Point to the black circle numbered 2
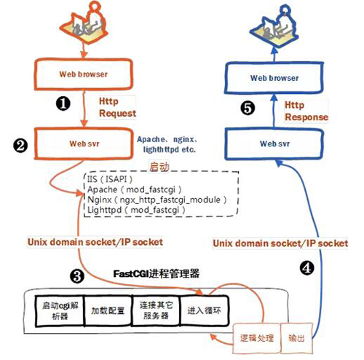(x=20, y=145)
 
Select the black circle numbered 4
(x=307, y=267)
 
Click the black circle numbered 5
(x=247, y=109)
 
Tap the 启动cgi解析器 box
(x=60, y=308)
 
